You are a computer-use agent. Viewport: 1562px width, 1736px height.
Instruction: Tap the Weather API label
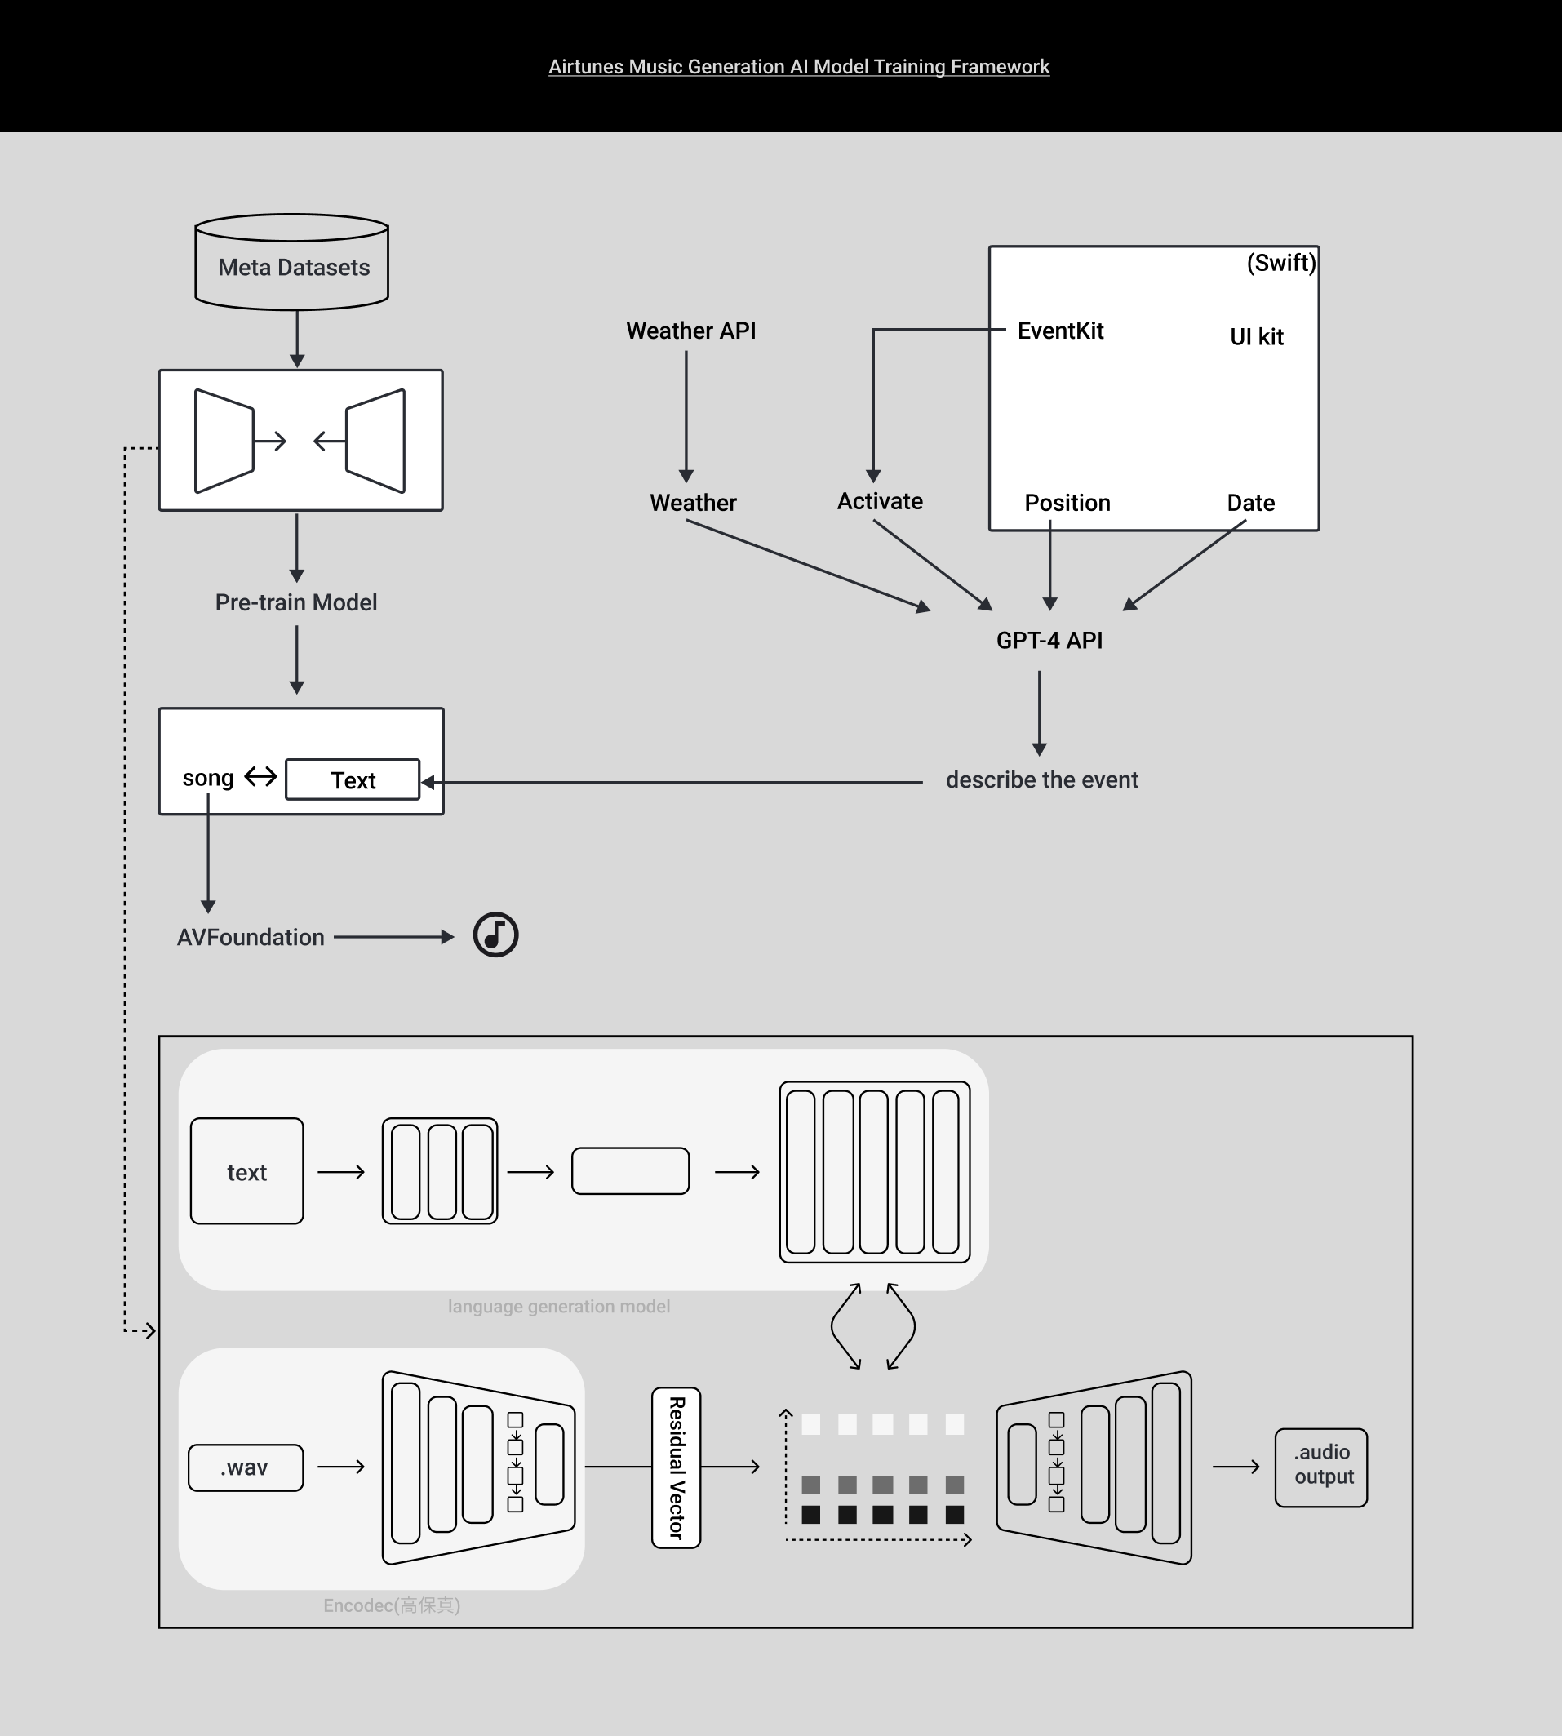[x=691, y=331]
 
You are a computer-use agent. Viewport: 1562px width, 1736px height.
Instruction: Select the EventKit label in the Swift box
[x=1060, y=331]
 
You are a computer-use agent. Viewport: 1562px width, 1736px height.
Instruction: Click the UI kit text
[x=1257, y=337]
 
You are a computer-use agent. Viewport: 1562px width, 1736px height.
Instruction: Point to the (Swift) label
[x=1280, y=263]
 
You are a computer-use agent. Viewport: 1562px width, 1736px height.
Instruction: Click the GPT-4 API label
[x=1049, y=641]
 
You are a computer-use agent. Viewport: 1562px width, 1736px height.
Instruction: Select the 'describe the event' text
[x=1042, y=780]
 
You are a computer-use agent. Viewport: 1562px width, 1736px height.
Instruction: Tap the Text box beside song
[x=353, y=780]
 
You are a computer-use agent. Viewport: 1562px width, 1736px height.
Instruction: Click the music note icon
[x=496, y=935]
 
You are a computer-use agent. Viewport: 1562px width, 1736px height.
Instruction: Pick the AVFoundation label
[x=251, y=938]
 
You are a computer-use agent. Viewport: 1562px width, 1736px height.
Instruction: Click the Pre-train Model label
[x=296, y=603]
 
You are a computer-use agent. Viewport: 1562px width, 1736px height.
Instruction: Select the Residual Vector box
[x=677, y=1468]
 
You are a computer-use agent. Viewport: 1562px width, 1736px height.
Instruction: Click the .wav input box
[x=246, y=1468]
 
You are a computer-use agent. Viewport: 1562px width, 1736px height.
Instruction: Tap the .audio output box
[x=1320, y=1468]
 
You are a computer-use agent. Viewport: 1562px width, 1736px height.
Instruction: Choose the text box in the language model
[x=247, y=1171]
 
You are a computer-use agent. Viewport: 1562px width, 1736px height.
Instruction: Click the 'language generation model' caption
[x=559, y=1307]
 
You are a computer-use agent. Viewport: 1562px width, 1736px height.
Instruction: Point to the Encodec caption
[x=392, y=1605]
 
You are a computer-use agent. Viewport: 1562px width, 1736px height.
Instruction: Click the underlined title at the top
[x=798, y=67]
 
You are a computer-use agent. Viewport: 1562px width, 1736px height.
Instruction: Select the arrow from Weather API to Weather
[x=686, y=415]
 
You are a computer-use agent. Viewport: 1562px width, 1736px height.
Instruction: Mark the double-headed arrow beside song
[x=260, y=778]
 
